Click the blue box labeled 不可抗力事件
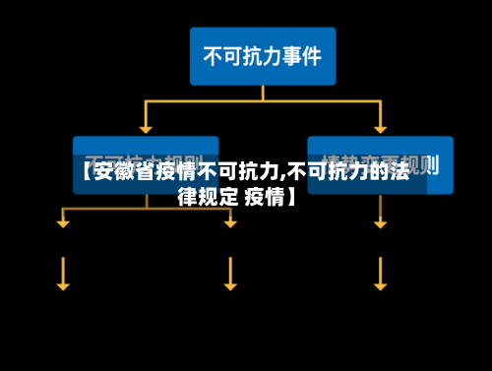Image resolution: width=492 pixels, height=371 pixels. click(x=262, y=55)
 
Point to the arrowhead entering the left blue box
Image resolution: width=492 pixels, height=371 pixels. click(x=146, y=129)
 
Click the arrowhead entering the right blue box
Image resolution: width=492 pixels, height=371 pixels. click(x=380, y=129)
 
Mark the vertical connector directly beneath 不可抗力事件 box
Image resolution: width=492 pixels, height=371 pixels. click(x=263, y=93)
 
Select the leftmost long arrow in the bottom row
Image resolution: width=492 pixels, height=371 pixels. click(x=63, y=273)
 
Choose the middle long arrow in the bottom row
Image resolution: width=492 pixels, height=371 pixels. click(x=230, y=273)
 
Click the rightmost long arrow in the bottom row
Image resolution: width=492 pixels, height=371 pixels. click(x=380, y=273)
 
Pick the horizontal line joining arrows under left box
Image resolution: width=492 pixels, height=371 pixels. click(x=146, y=209)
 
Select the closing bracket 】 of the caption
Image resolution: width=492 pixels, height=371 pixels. click(x=291, y=196)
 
